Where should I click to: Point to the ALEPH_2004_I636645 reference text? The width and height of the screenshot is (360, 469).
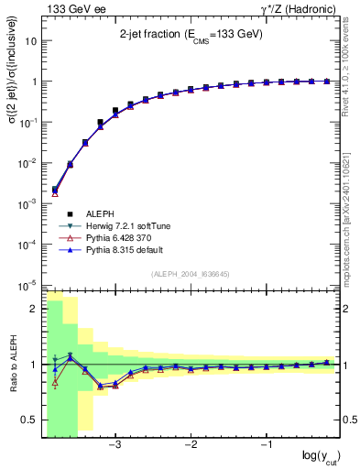pyautogui.click(x=191, y=274)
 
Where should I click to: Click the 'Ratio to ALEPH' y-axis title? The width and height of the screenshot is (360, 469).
pyautogui.click(x=13, y=365)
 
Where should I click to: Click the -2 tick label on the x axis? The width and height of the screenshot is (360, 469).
pyautogui.click(x=191, y=445)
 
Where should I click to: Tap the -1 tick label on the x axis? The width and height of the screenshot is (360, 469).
pyautogui.click(x=266, y=445)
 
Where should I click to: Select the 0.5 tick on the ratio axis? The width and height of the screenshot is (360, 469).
pyautogui.click(x=28, y=420)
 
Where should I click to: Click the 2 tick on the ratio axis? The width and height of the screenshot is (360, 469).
pyautogui.click(x=34, y=309)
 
